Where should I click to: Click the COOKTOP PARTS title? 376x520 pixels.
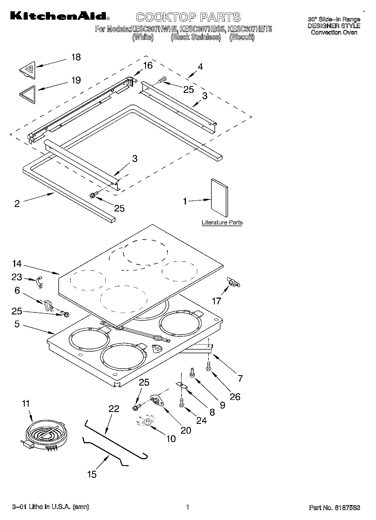tap(188, 17)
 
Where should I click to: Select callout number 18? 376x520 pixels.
tap(76, 57)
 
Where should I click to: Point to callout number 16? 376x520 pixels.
tap(148, 65)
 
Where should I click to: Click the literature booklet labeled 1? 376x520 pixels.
tap(219, 198)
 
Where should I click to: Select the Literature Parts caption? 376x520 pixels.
tap(222, 223)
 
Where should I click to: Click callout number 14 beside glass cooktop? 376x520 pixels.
tap(17, 264)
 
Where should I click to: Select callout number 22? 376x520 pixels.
tap(114, 409)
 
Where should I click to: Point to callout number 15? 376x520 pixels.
tap(92, 474)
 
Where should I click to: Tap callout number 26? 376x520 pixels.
tap(235, 397)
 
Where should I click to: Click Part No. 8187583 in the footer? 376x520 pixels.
tap(334, 508)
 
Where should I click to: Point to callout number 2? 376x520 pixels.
tap(17, 204)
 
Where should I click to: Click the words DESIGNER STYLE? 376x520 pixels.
tap(334, 26)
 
